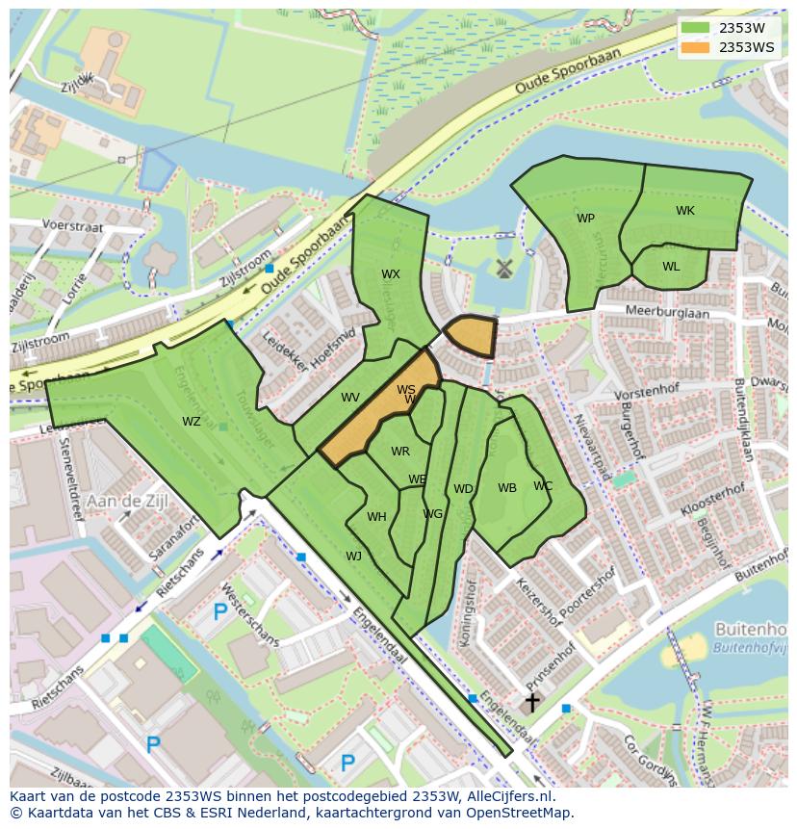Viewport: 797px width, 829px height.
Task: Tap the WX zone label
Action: coord(390,274)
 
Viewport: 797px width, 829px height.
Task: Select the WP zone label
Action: coord(585,219)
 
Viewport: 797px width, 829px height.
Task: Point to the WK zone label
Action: coord(684,211)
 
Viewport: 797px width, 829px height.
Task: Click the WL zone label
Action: coord(671,267)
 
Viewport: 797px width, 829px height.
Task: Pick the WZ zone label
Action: coord(192,422)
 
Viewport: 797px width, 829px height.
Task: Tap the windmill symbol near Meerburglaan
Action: coord(501,269)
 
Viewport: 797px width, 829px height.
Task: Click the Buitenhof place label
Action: coord(750,630)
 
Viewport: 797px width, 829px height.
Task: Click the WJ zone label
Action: coord(353,557)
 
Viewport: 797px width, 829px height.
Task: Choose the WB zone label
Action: coord(506,488)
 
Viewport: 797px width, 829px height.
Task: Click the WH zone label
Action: coord(376,517)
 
